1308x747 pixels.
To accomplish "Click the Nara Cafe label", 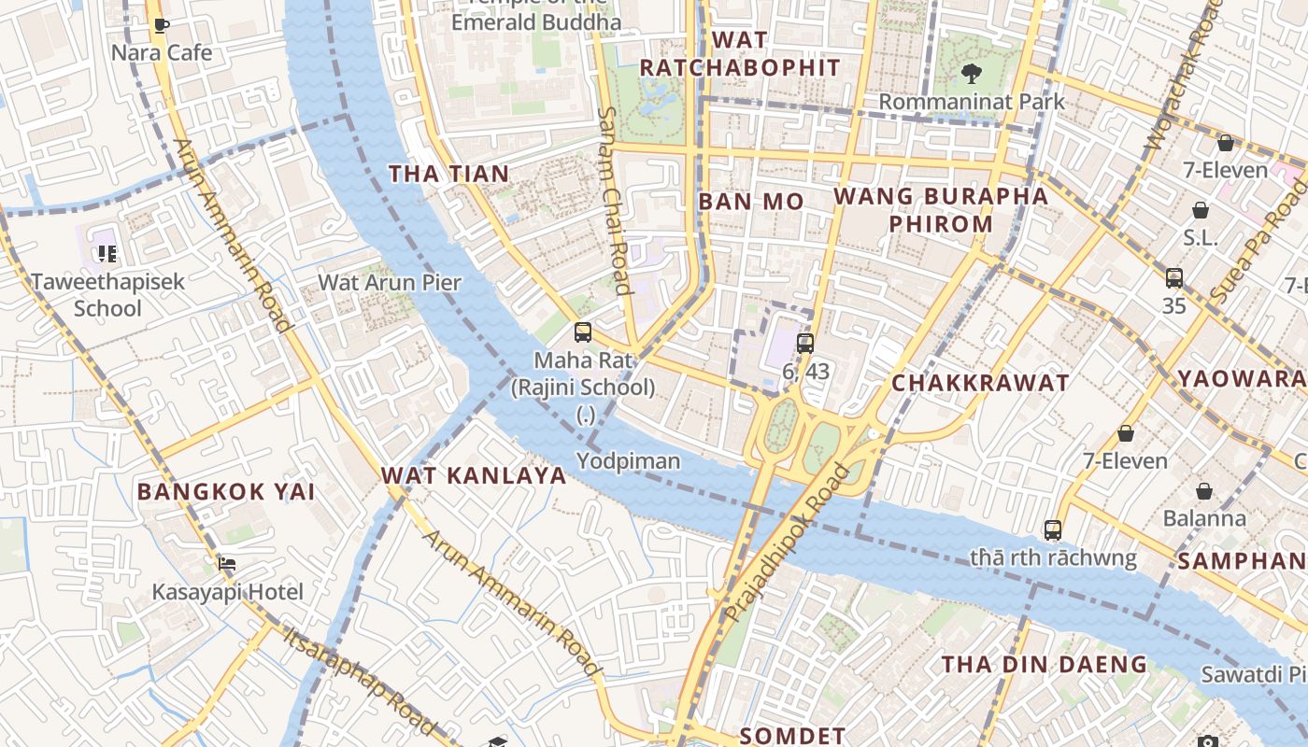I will point(162,52).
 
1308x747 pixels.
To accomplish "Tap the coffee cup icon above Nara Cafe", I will point(162,25).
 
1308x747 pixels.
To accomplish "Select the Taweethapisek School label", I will point(107,294).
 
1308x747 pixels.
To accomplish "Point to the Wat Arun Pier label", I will point(390,282).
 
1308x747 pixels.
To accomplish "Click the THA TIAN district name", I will point(448,174).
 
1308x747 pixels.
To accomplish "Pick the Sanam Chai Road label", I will point(614,200).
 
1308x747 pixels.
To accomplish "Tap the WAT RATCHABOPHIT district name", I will point(739,54).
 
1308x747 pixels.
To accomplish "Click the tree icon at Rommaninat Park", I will point(971,74).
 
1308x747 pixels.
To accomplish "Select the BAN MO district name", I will point(750,202).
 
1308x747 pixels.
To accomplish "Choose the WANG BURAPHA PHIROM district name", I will point(941,210).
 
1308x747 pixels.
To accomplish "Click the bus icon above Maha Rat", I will point(583,332).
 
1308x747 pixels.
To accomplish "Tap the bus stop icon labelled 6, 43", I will point(805,343).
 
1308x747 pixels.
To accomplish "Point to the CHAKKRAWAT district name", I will point(980,383).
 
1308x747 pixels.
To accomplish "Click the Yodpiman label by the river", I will point(628,461).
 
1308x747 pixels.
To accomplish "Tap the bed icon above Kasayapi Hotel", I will point(227,563).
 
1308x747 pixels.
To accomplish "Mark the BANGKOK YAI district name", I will point(225,491).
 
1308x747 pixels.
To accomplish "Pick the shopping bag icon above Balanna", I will point(1204,491).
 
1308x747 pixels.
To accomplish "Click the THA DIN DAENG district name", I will point(1044,665).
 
